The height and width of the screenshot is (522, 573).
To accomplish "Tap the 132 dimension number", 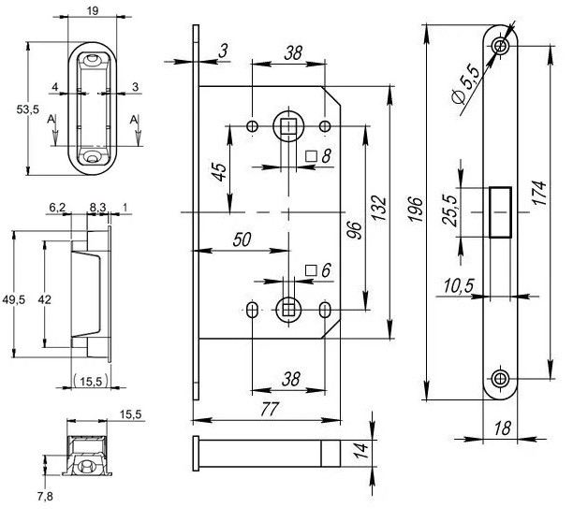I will (375, 206).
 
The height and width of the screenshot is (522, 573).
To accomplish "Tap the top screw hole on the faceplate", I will (502, 45).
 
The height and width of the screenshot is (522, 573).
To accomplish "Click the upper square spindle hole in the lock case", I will (287, 126).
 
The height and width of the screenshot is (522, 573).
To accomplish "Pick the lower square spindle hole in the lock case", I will (287, 308).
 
